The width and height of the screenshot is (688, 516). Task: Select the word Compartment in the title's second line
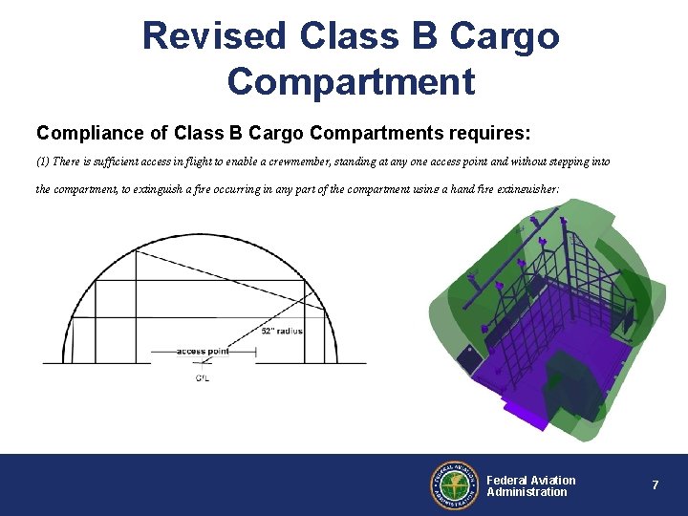(351, 81)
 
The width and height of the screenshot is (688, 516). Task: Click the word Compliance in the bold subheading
(83, 130)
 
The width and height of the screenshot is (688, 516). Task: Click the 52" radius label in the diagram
(281, 332)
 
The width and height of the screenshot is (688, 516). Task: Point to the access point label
(203, 352)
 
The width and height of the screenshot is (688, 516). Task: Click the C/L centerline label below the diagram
(203, 378)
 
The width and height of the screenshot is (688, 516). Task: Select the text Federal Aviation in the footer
(531, 480)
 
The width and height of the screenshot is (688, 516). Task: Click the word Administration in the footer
(527, 492)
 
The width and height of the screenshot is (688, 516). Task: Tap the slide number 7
(655, 485)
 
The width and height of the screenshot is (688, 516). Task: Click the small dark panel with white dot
(469, 355)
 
